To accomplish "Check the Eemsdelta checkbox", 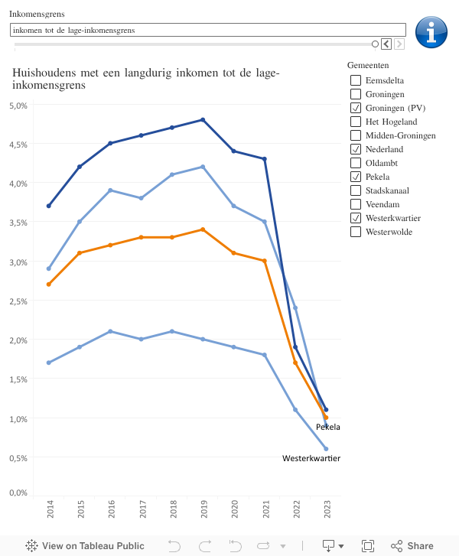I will pos(356,80).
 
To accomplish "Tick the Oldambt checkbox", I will pos(356,163).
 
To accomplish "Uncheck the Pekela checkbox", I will pos(356,177).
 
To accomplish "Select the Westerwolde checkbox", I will pos(356,232).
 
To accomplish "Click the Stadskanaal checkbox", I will pos(356,190).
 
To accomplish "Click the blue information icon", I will pos(431,32).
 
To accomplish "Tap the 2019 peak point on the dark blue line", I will pos(203,119).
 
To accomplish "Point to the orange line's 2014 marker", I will pos(49,284).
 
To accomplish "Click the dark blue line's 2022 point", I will pos(295,347).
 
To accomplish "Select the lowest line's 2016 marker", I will pos(110,331).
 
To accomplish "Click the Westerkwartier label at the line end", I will pos(311,458).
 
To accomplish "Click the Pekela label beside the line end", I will pos(327,427).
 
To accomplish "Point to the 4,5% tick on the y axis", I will pos(18,145).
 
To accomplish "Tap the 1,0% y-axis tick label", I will pos(18,418).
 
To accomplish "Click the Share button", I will pos(412,546).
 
